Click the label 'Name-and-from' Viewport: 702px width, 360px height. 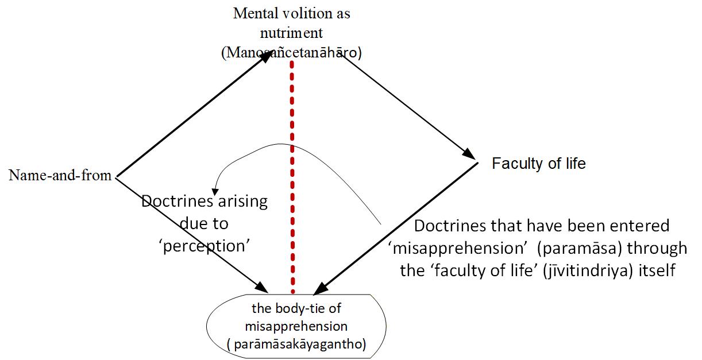(60, 175)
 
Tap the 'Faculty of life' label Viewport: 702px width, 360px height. (538, 163)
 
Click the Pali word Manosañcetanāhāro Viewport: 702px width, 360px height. (291, 52)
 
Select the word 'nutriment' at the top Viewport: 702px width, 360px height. (291, 33)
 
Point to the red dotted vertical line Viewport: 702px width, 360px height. (292, 177)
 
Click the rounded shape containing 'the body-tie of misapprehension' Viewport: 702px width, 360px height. (296, 326)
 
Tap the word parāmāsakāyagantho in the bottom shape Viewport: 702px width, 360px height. (296, 344)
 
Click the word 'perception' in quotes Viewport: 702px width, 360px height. (206, 246)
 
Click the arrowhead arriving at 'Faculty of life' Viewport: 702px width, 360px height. (469, 153)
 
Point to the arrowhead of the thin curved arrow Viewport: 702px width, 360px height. (215, 192)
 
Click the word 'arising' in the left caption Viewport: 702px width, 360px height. (243, 202)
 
